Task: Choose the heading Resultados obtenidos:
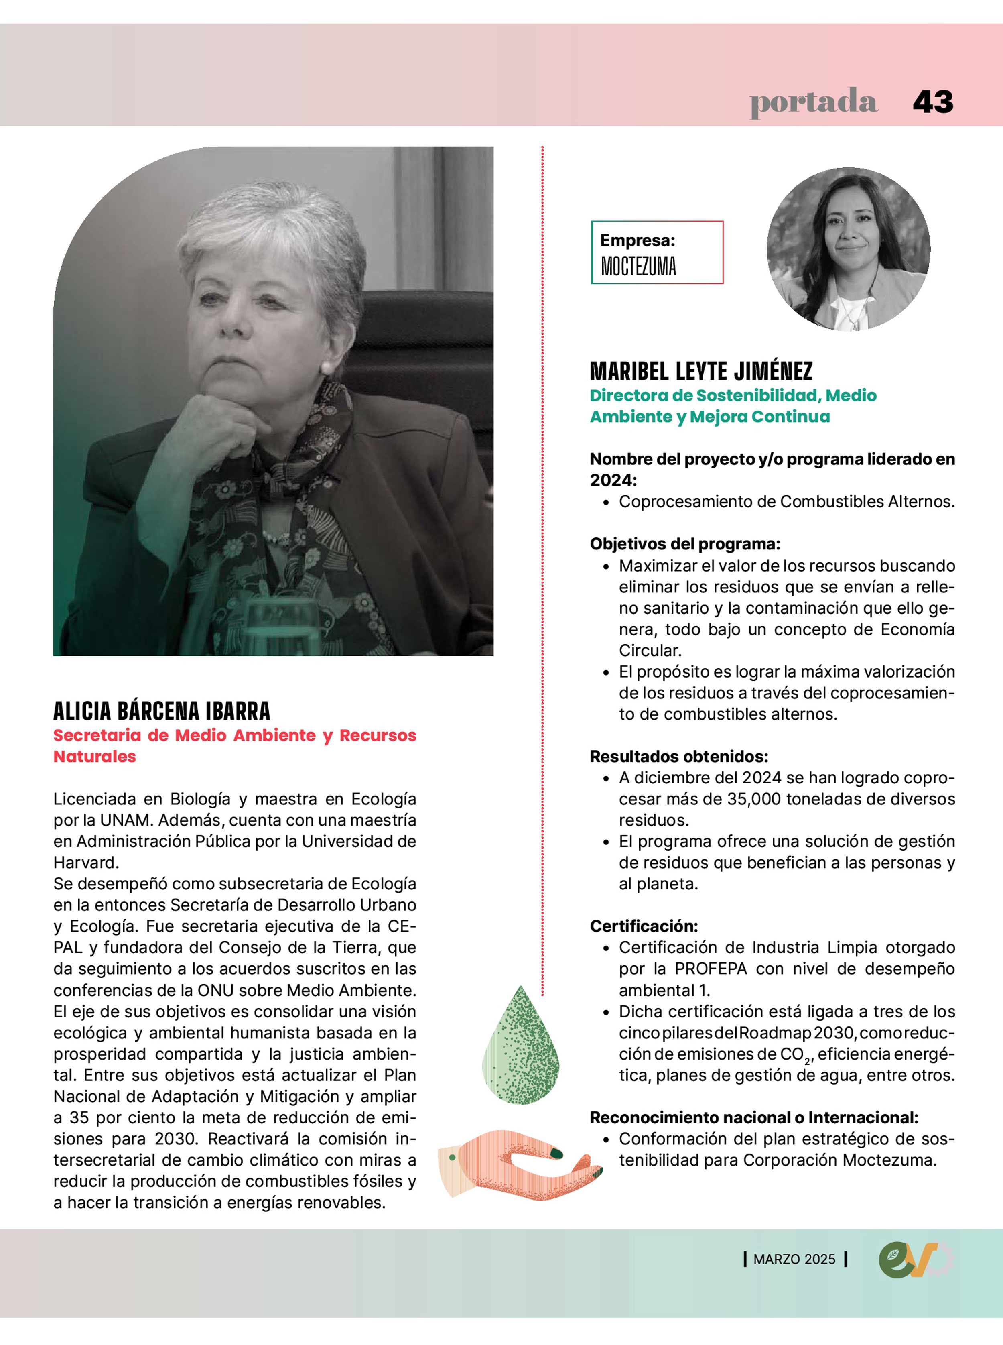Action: tap(679, 756)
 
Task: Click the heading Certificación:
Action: tap(644, 926)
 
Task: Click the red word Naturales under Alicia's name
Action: tap(95, 756)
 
